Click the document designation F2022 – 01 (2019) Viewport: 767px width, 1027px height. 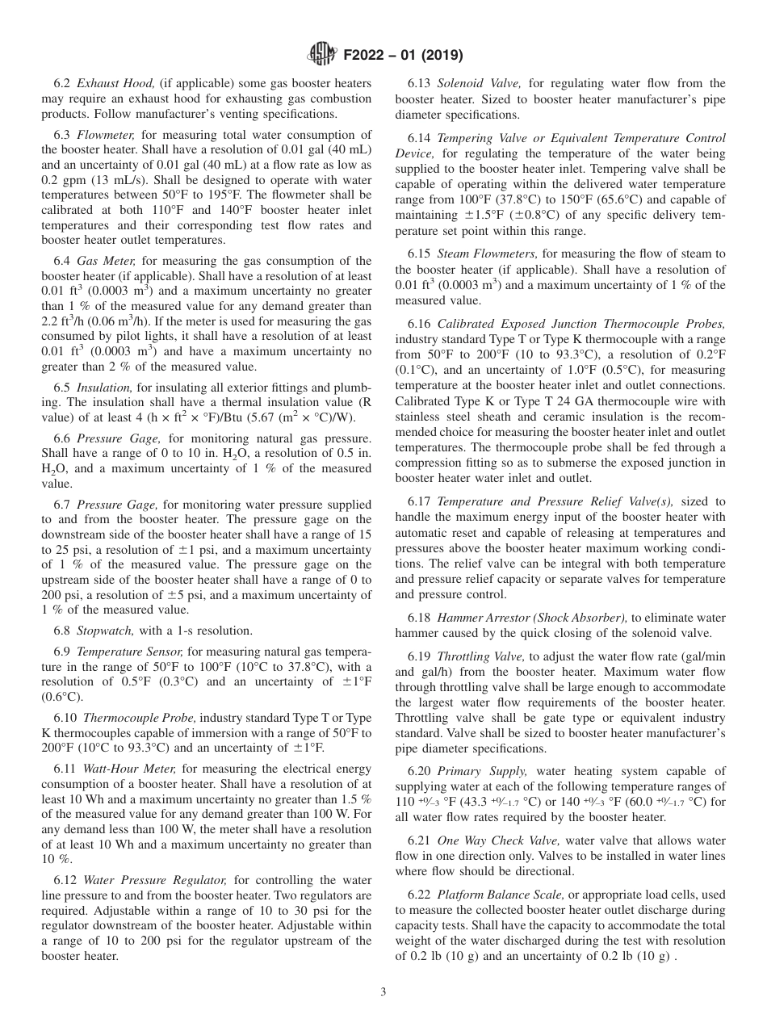tap(397, 56)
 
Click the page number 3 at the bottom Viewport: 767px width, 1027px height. tap(383, 991)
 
